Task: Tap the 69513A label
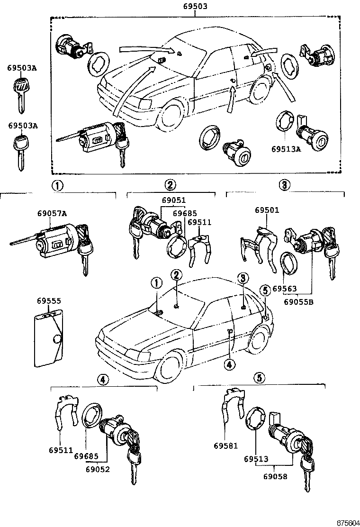tap(286, 149)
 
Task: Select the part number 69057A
tap(52, 213)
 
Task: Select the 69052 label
tap(98, 469)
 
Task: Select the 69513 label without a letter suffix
tap(256, 459)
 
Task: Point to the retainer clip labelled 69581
tap(232, 410)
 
